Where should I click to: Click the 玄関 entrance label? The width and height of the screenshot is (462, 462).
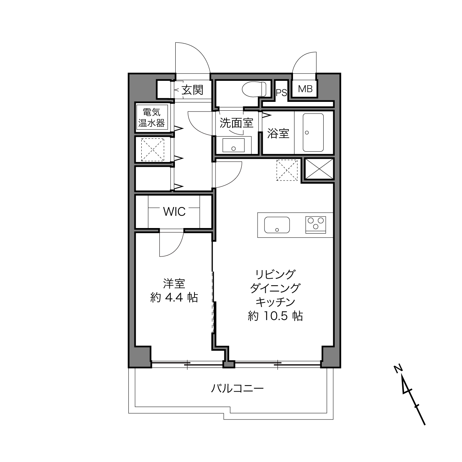click(192, 90)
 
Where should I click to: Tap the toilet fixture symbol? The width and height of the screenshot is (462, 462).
click(254, 89)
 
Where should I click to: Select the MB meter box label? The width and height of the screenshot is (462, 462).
click(305, 89)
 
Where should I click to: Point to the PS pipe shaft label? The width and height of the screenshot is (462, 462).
click(281, 93)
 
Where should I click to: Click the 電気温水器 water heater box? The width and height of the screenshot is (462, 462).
click(152, 117)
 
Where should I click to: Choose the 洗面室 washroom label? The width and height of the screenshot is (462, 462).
click(237, 123)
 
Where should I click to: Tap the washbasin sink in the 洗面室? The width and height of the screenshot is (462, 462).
click(234, 145)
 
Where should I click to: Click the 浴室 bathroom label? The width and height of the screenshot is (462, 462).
click(278, 133)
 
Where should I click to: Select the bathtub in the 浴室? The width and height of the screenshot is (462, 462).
click(313, 132)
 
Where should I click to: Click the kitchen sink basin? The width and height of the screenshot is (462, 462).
click(277, 225)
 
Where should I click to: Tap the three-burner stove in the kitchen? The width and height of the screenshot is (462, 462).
click(316, 225)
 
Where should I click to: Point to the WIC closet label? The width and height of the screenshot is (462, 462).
click(174, 211)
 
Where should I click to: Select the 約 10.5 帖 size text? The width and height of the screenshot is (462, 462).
click(275, 316)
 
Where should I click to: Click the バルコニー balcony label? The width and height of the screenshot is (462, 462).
click(237, 388)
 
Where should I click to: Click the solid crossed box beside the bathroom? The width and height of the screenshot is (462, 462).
click(319, 169)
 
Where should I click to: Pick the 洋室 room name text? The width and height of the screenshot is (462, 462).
click(174, 283)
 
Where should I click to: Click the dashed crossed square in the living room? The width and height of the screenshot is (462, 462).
click(287, 170)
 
